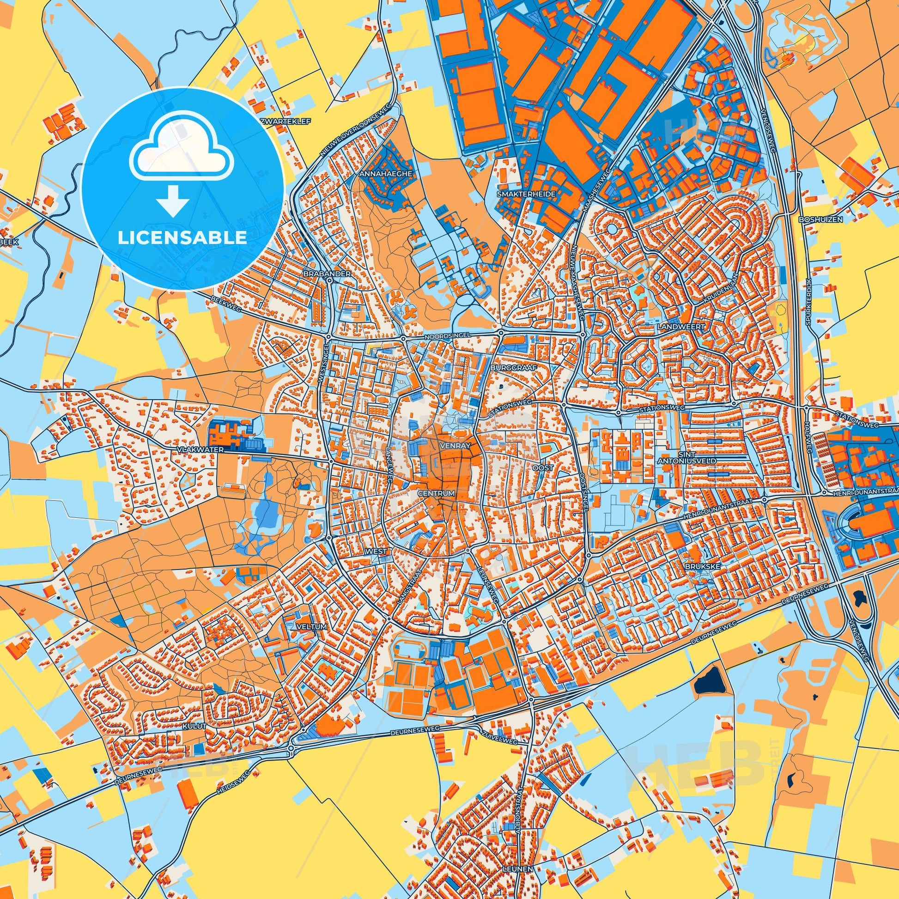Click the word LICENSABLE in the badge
(x=182, y=238)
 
